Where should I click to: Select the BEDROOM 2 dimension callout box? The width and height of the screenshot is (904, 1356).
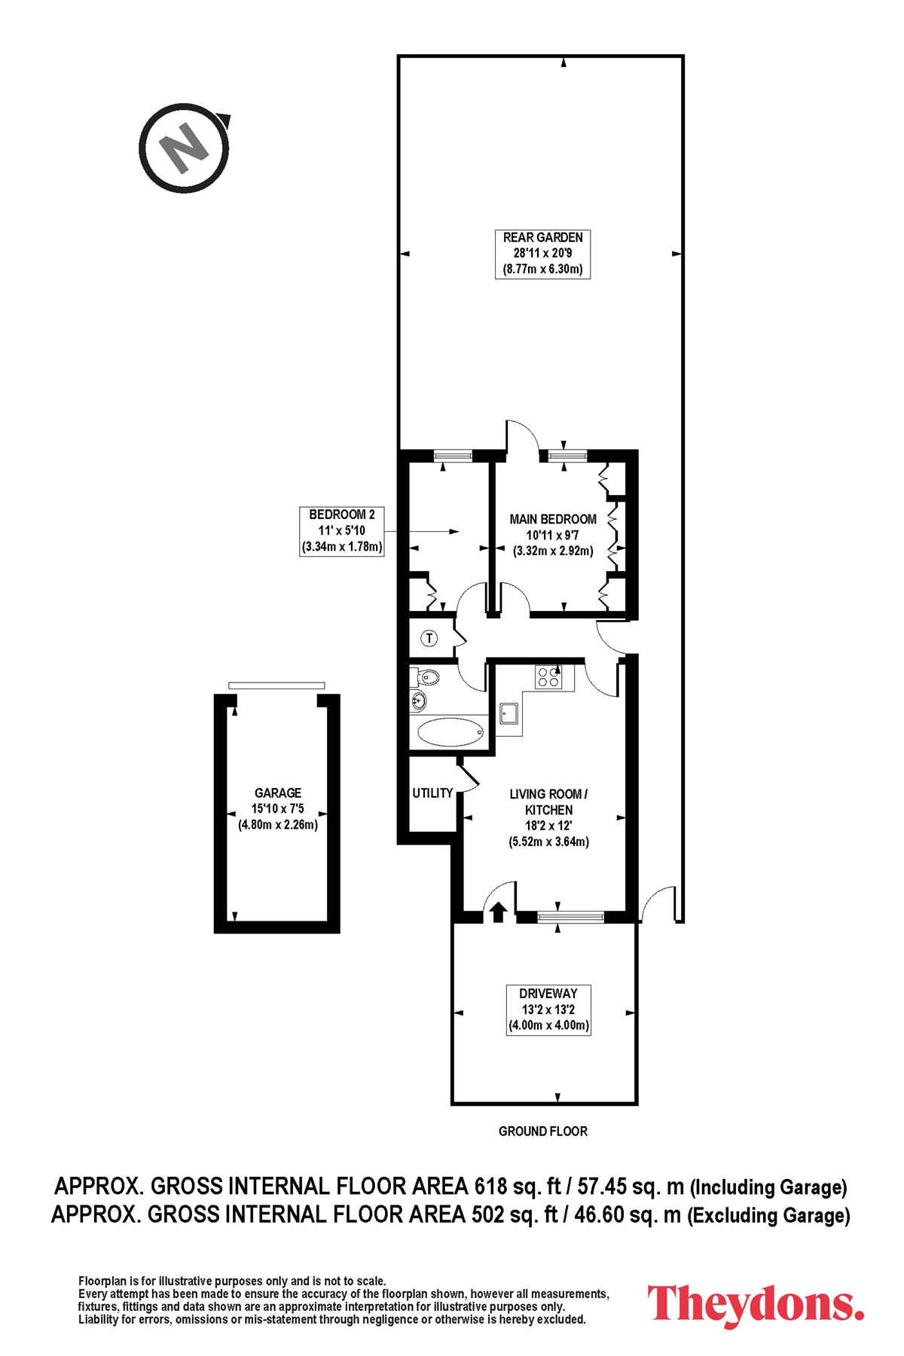[x=342, y=531]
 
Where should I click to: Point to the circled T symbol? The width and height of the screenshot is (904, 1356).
[x=429, y=639]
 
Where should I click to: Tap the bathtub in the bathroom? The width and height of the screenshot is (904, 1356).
[x=450, y=732]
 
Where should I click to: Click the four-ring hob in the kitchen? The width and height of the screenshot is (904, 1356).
[x=548, y=677]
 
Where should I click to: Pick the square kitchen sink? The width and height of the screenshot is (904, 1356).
[x=509, y=713]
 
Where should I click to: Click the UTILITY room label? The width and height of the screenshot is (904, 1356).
[x=432, y=793]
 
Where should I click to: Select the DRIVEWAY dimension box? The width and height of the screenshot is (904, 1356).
[x=548, y=1009]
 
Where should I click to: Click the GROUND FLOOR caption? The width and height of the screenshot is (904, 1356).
[x=543, y=1131]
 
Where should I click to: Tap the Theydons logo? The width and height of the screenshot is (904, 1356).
[x=756, y=1304]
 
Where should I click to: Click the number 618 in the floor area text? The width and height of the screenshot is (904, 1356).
[x=490, y=1186]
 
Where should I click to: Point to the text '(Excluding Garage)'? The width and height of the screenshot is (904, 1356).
[x=768, y=1215]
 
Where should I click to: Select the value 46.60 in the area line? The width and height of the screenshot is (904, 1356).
[x=600, y=1214]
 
